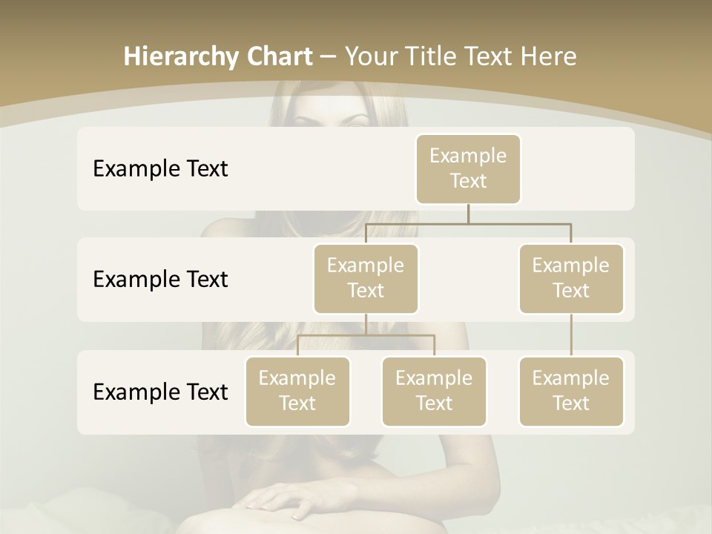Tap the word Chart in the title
tap(280, 56)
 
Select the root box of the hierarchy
tap(468, 168)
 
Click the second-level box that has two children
tap(366, 278)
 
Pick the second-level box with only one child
tap(571, 278)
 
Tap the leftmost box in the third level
tap(297, 391)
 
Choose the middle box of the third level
tap(434, 391)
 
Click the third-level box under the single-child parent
tap(571, 391)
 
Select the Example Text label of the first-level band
tap(160, 169)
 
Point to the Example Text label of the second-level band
tap(160, 280)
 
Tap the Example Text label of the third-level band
tap(160, 392)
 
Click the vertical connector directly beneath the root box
tap(468, 214)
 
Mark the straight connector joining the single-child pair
tap(571, 335)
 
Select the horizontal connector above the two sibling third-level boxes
tap(366, 335)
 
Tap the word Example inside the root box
tap(468, 156)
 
